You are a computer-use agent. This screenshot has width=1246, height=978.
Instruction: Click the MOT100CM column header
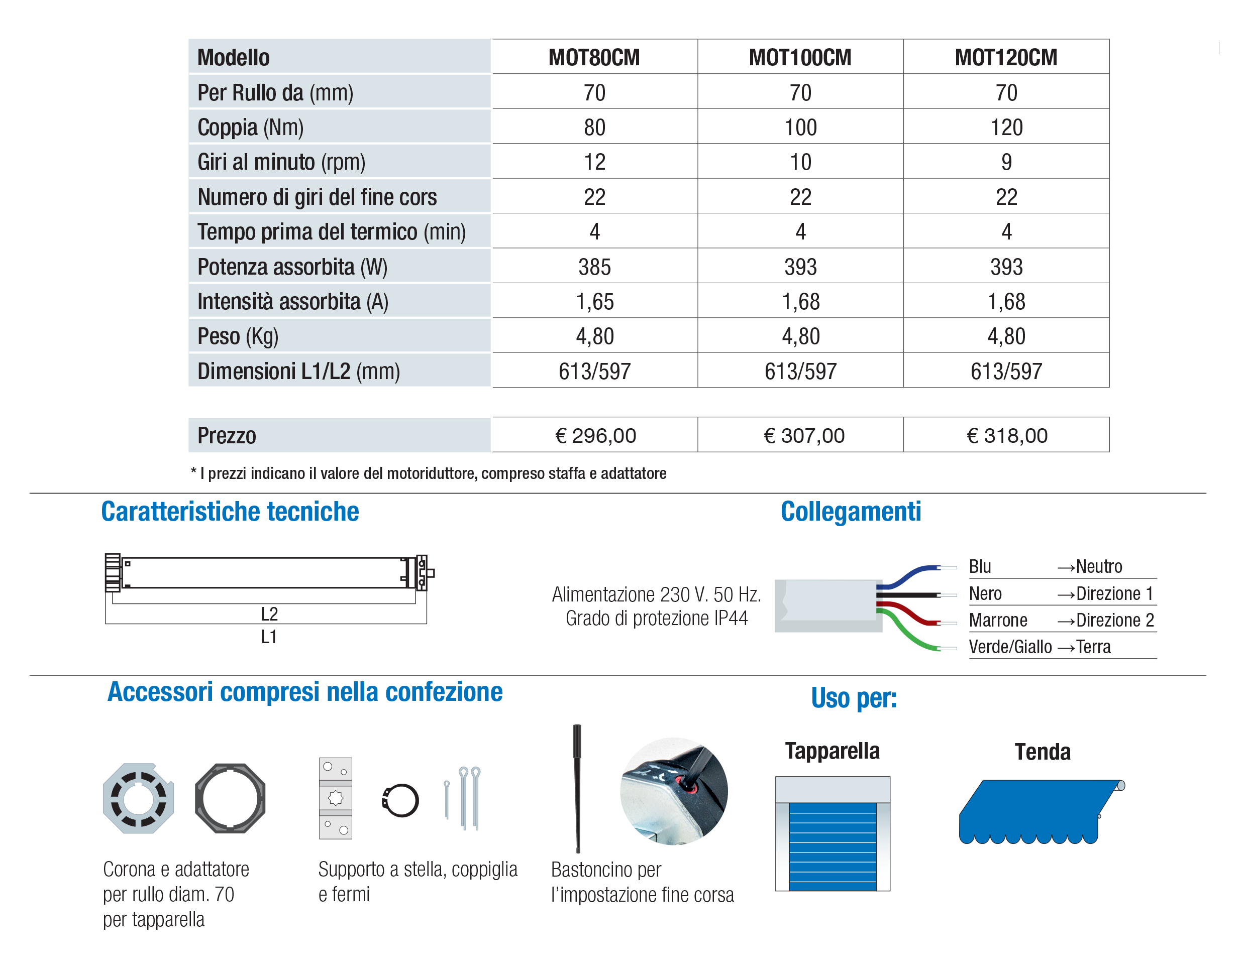(800, 57)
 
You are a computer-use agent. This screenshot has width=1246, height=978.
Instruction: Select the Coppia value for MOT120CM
(1006, 127)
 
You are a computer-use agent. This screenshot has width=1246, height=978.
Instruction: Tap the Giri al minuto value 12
(595, 162)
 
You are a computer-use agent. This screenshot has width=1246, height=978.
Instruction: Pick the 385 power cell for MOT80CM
(595, 267)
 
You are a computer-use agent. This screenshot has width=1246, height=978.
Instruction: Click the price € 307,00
(804, 436)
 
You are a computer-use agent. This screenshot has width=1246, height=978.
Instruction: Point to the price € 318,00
(1006, 436)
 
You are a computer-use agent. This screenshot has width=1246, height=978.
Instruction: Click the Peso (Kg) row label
(238, 336)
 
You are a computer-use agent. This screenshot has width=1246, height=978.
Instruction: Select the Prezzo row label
(227, 436)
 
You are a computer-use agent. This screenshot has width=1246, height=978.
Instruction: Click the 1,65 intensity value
(595, 302)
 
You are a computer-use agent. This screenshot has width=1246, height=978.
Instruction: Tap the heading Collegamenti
(851, 511)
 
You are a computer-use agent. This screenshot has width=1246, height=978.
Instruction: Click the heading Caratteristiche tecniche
(230, 511)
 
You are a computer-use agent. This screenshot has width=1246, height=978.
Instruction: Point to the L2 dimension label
(269, 614)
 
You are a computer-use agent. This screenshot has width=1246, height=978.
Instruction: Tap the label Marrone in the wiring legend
(998, 620)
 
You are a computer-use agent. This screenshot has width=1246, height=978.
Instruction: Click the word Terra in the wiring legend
(1093, 647)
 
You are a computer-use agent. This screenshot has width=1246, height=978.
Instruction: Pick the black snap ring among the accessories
(400, 800)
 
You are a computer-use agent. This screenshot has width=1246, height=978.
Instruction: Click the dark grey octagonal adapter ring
(230, 798)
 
